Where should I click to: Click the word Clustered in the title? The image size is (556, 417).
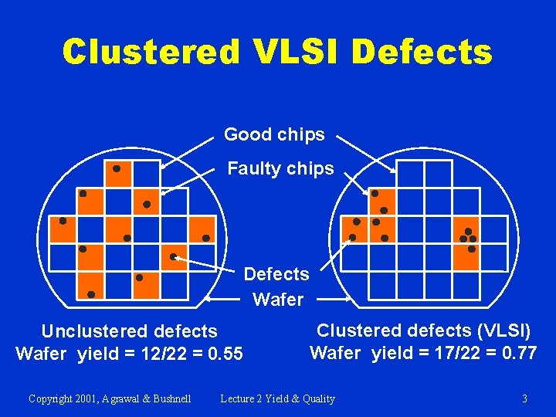[151, 53]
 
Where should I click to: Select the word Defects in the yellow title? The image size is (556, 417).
[421, 53]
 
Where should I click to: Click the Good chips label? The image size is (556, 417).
[274, 134]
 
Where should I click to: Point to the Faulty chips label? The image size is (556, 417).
[280, 168]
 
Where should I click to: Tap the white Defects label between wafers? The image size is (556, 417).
[276, 274]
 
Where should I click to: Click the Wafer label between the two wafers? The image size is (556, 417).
[278, 299]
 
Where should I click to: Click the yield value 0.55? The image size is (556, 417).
[225, 354]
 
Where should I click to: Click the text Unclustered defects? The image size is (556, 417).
[129, 332]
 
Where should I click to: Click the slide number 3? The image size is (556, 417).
[524, 398]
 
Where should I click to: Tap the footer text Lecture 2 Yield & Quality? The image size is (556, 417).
[277, 398]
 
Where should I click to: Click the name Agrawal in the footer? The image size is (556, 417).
[124, 398]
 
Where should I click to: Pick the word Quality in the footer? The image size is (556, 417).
[318, 398]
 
